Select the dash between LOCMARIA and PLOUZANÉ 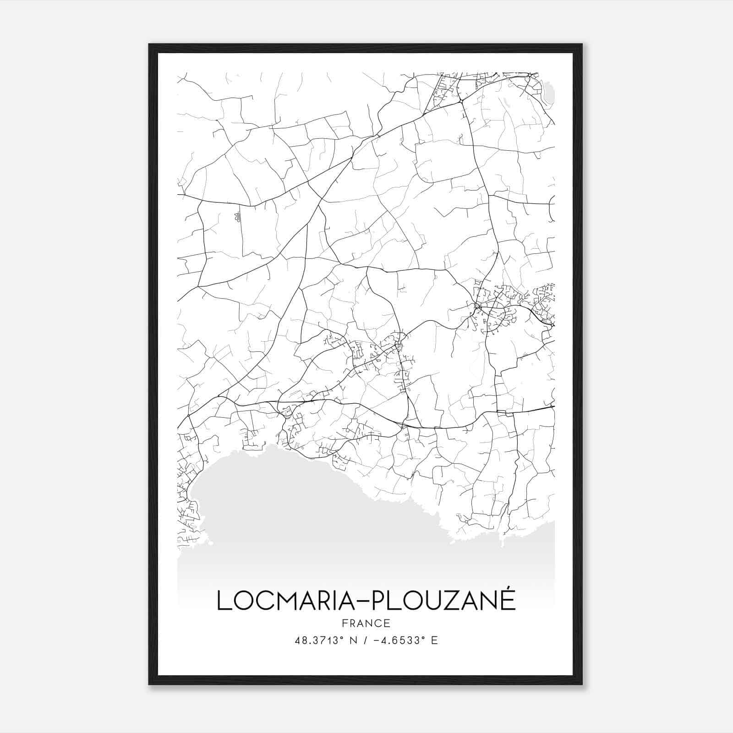pos(362,602)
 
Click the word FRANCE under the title pos(366,624)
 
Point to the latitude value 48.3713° pos(319,640)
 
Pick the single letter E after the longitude pos(434,640)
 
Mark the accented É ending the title pos(507,599)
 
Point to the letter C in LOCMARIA pos(263,601)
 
